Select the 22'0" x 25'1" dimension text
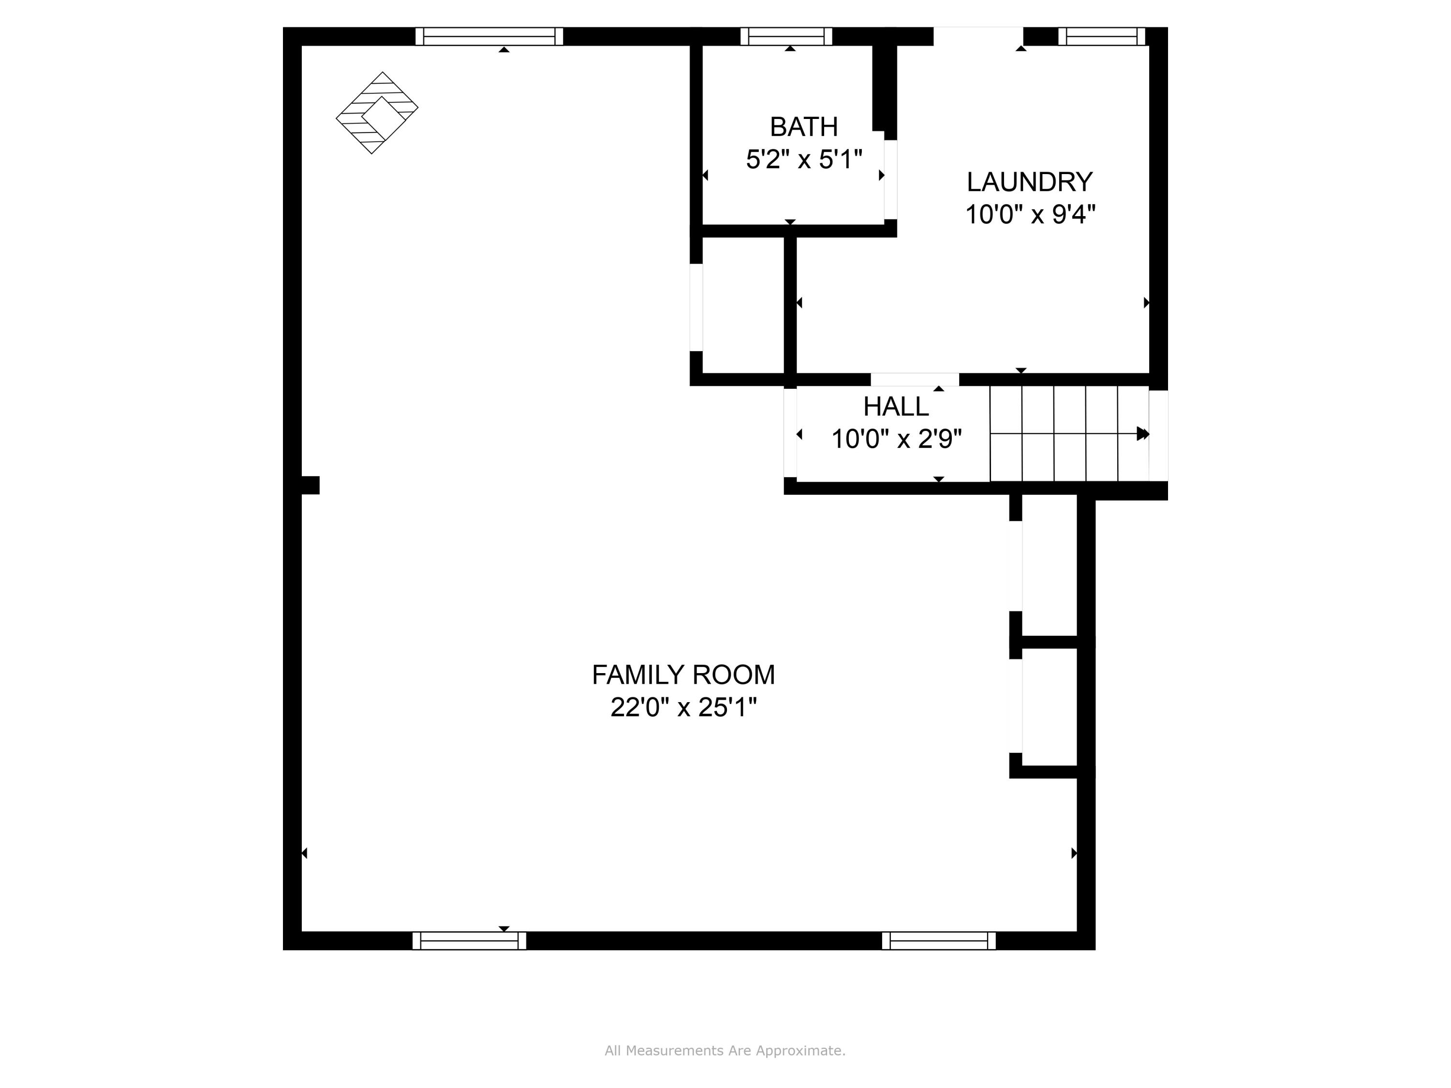click(683, 707)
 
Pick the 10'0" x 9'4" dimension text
click(1029, 214)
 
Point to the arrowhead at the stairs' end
click(1142, 433)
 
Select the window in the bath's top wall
click(786, 36)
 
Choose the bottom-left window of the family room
click(469, 941)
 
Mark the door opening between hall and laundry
click(915, 379)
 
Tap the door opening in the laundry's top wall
click(977, 36)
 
